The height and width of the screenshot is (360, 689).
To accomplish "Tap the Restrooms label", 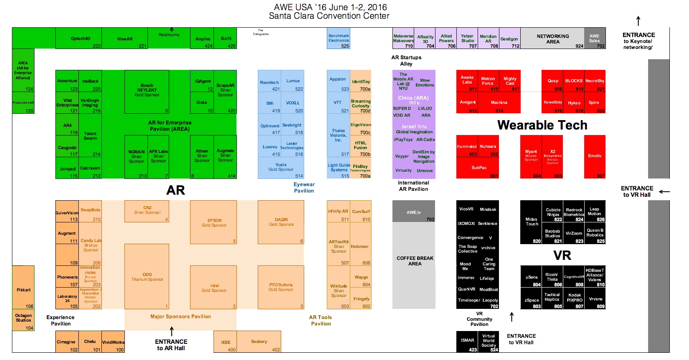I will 169,35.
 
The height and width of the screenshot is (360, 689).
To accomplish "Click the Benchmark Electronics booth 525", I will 339,38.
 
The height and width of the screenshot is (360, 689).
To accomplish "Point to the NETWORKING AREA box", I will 552,38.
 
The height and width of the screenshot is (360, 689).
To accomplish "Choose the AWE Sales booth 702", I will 594,38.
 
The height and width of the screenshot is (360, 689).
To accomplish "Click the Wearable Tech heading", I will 542,125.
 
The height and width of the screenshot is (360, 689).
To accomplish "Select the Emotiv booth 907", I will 594,156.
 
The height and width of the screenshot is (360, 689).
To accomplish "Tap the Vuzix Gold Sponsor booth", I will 281,167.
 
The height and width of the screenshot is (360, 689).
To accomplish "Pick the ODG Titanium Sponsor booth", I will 147,277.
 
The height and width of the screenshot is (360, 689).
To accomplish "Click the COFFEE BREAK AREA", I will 414,261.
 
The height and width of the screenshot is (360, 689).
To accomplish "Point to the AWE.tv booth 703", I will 413,212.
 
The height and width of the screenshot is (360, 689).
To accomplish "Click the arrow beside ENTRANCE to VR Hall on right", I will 664,192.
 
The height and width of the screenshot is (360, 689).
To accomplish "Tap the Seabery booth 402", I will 259,342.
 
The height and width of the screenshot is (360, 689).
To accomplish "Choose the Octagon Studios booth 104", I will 23,320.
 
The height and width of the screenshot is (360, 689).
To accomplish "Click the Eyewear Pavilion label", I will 304,187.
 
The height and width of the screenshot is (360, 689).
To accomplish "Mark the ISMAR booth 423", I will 467,341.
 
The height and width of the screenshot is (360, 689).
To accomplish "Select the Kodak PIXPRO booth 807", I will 574,298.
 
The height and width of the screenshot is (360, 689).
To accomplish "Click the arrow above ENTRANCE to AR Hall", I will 172,331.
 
